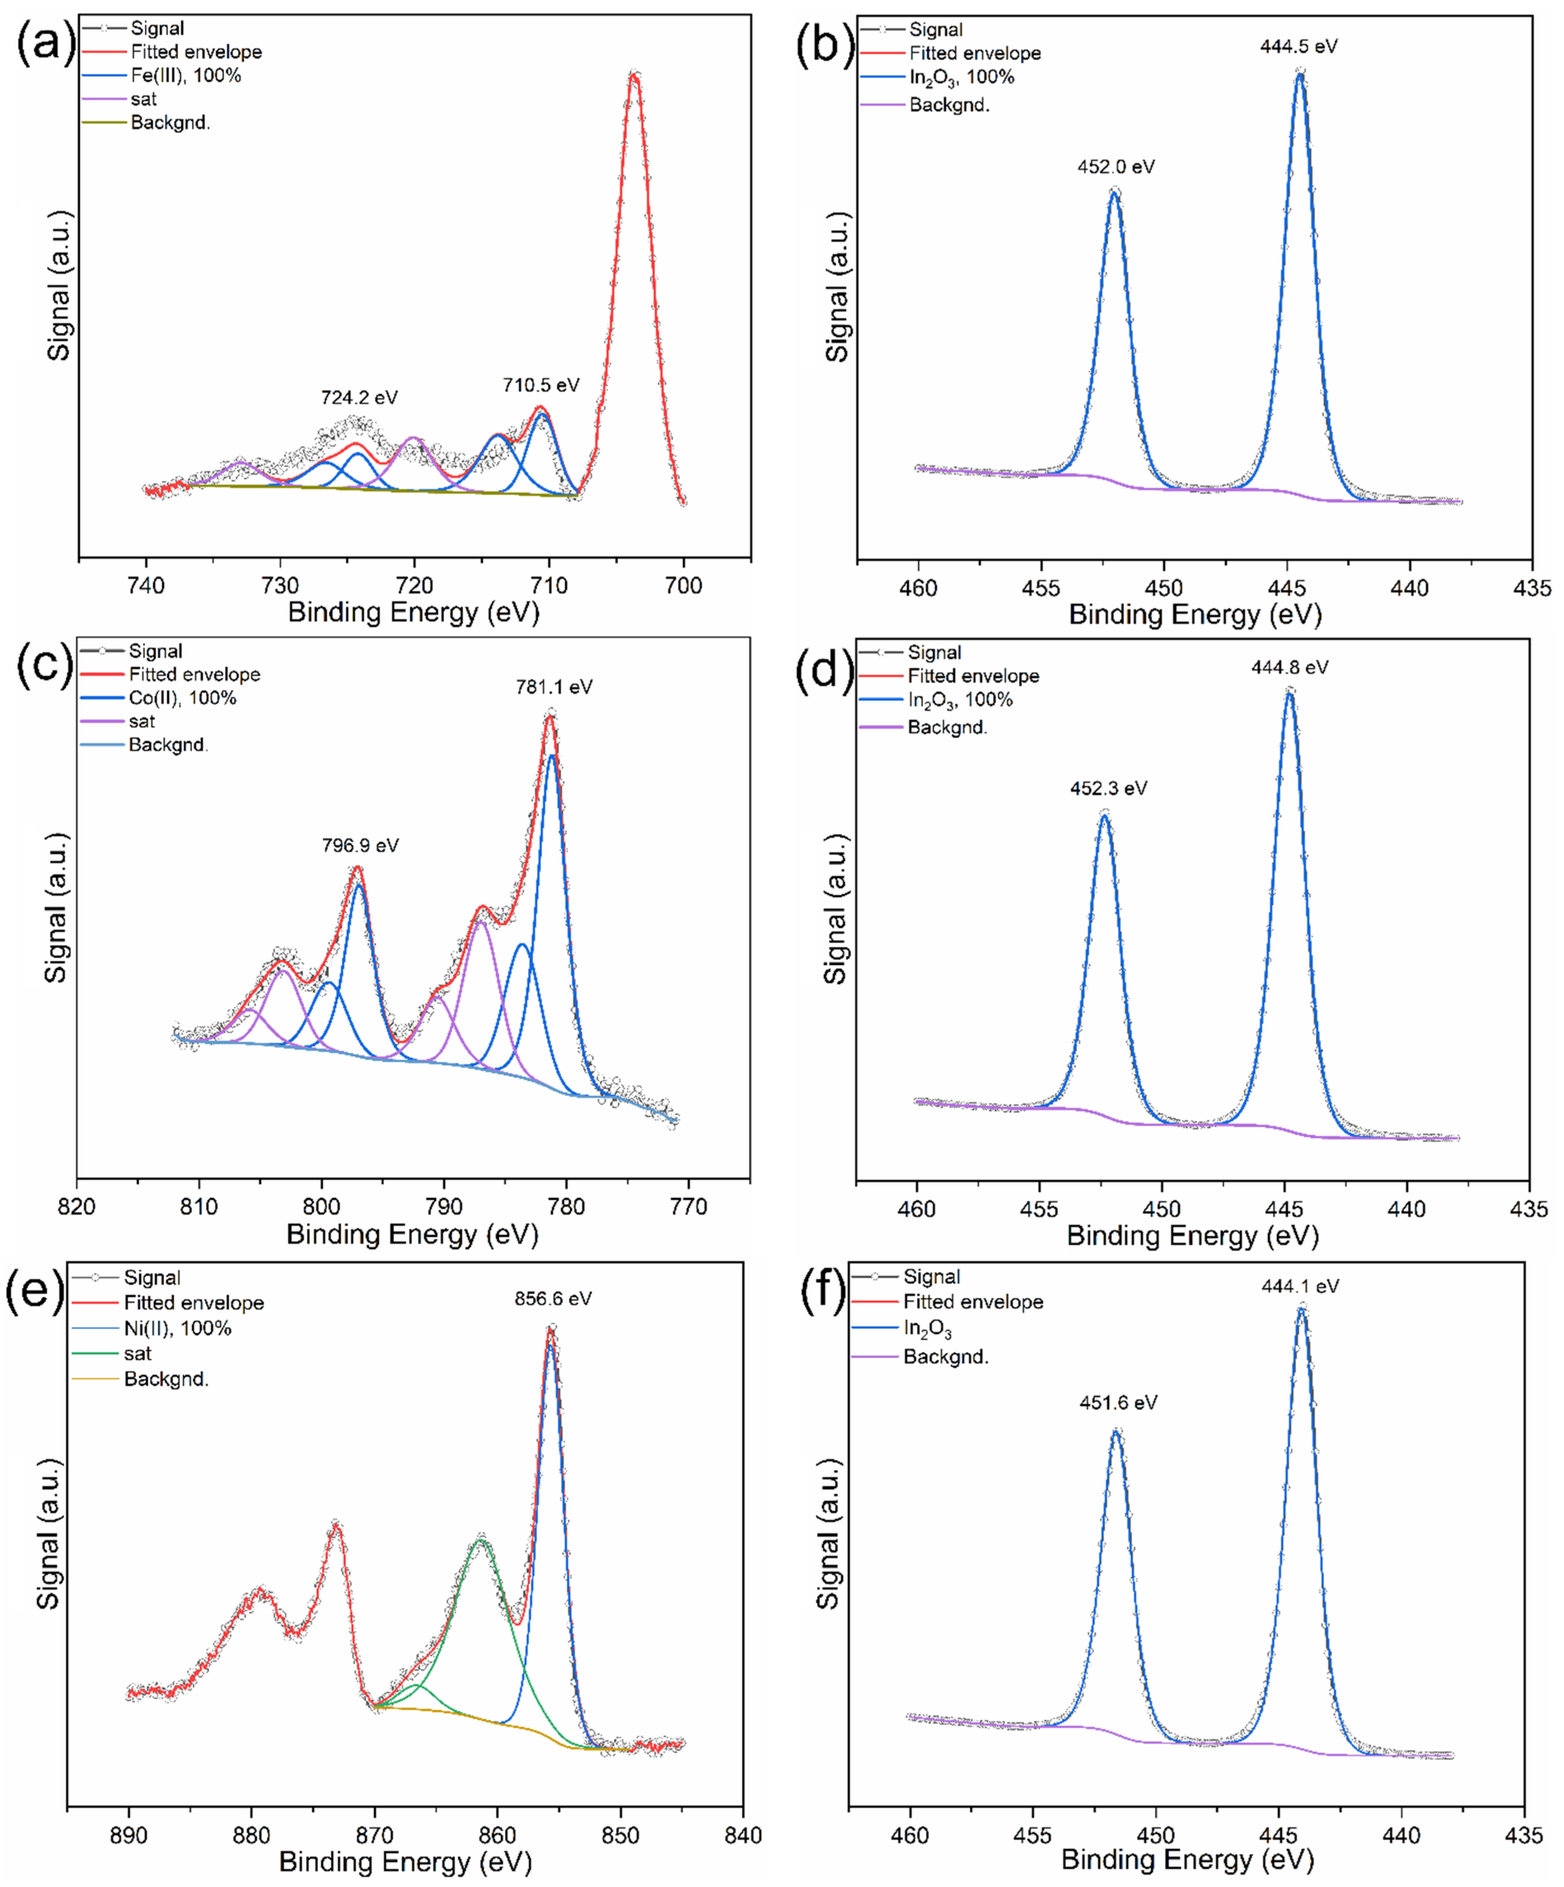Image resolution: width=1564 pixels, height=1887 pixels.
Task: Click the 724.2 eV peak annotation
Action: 359,397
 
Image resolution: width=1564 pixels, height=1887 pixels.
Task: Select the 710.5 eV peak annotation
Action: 541,386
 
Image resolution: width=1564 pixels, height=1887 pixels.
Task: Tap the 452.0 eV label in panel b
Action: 1116,167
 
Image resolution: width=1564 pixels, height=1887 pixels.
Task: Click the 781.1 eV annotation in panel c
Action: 554,687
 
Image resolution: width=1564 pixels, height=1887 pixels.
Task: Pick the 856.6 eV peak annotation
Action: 553,1298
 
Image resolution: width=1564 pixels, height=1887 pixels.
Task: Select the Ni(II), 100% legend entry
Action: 177,1328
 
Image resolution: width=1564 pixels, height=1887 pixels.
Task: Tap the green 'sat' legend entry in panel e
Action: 138,1353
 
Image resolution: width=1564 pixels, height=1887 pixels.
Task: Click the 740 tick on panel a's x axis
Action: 146,585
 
